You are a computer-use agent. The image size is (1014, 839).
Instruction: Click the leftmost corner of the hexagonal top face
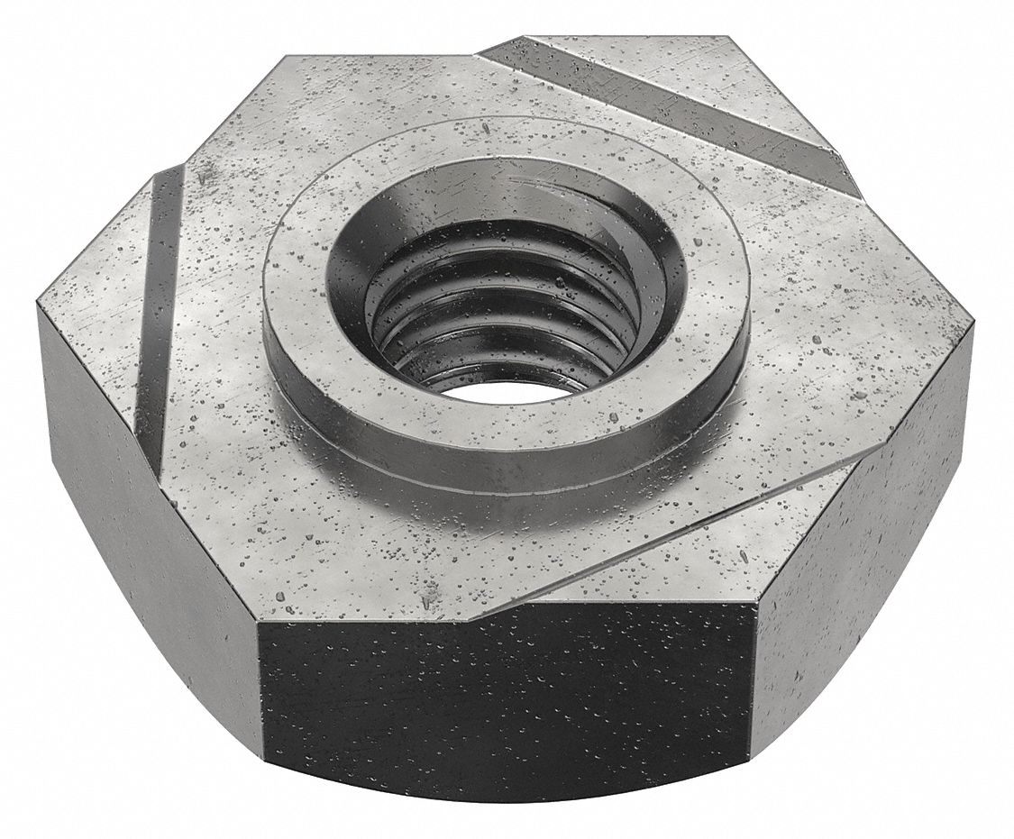38,305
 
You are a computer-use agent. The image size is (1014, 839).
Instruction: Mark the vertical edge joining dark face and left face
260,703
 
